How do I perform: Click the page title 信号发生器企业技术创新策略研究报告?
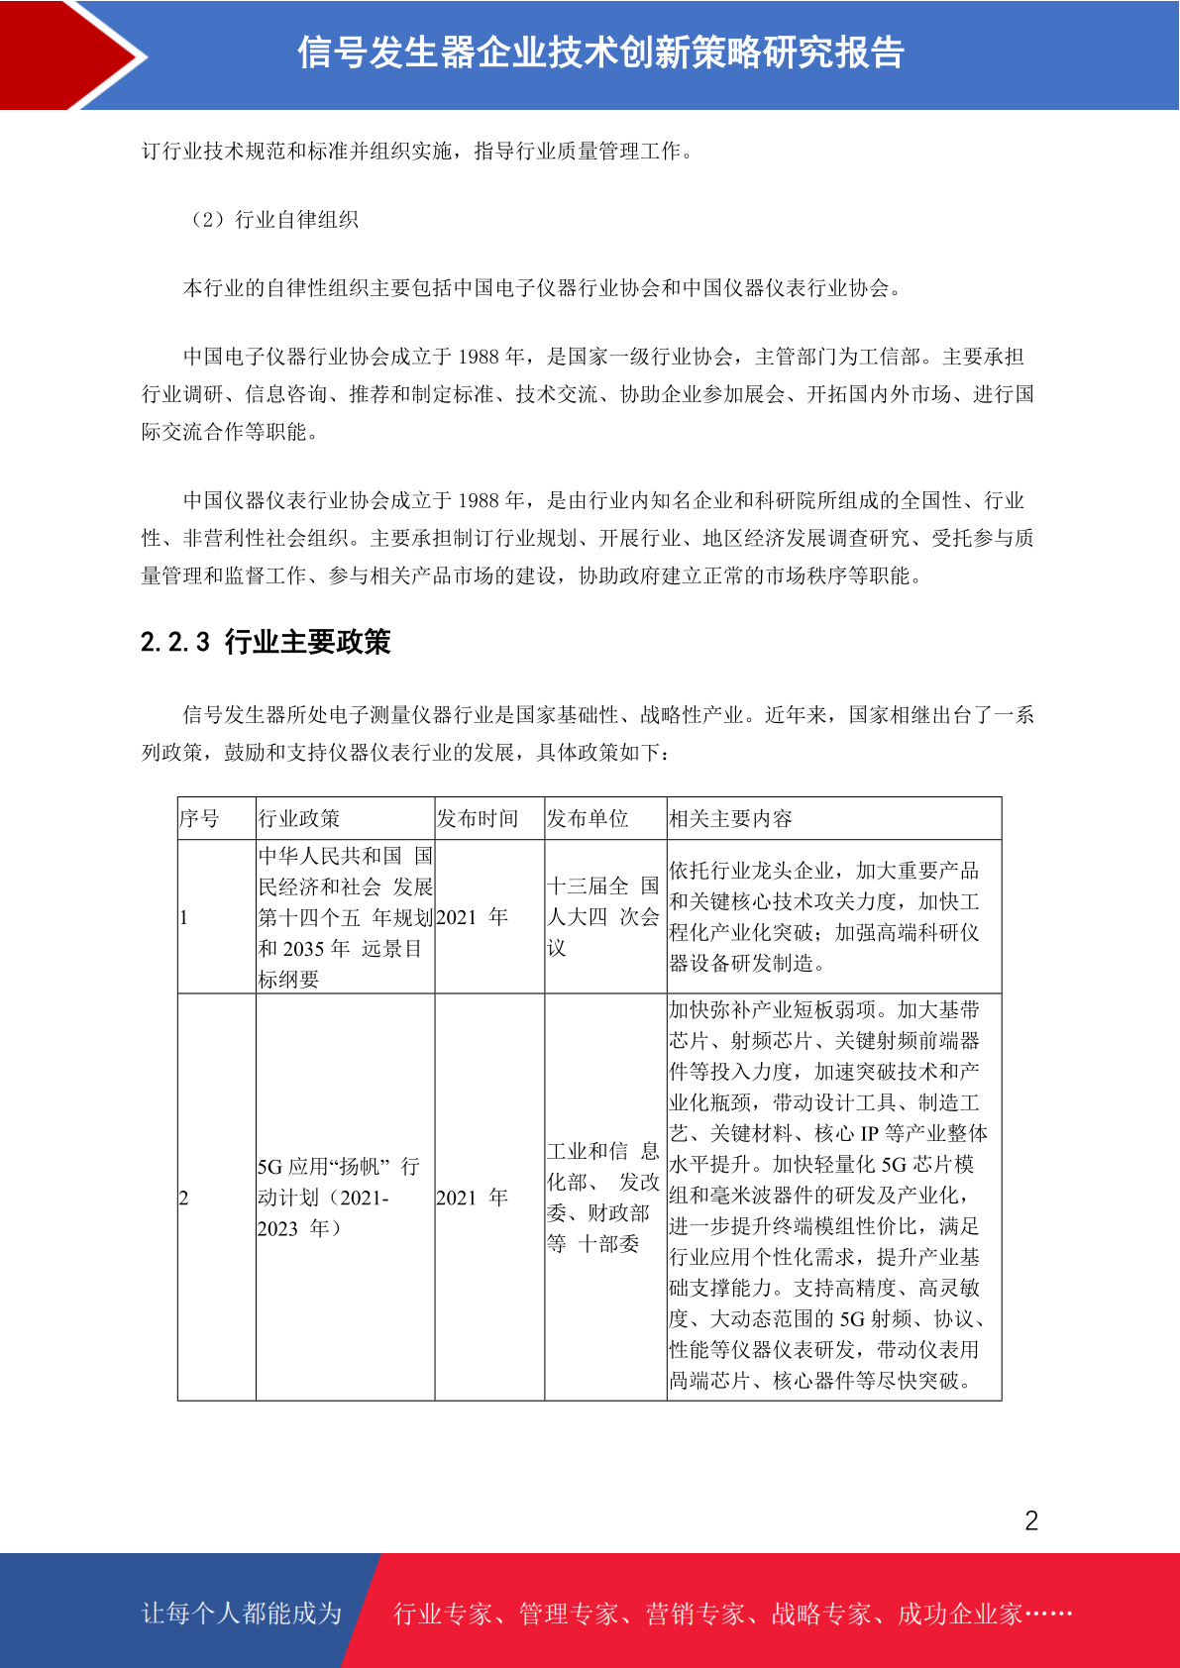point(600,53)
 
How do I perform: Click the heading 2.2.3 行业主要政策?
point(266,642)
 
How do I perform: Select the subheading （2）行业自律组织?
point(271,220)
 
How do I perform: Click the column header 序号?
point(199,819)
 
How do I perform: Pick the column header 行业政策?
point(299,819)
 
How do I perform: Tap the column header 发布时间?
point(478,819)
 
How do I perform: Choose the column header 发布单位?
point(588,819)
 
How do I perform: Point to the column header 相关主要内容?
point(730,819)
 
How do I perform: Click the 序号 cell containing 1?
point(184,918)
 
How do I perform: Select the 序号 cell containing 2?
point(184,1199)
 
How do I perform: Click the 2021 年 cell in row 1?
point(472,918)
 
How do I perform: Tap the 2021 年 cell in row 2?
point(472,1199)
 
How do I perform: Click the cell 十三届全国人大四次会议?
point(602,917)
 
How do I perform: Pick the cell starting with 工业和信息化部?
point(602,1198)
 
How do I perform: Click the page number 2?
point(1031,1521)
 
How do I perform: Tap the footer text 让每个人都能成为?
point(242,1614)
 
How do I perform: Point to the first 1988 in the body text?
point(479,358)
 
